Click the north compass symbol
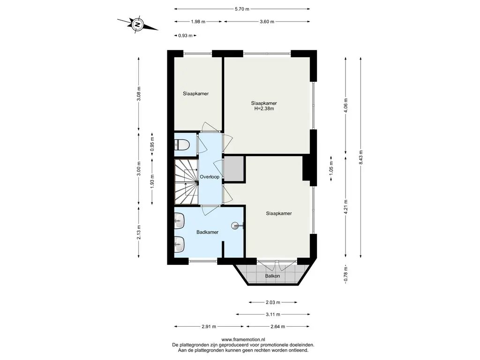[x=138, y=24]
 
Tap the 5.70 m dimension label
[x=242, y=9]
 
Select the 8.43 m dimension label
[x=361, y=157]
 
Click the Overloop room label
[x=210, y=177]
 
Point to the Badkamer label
[x=207, y=232]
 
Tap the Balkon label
[x=272, y=276]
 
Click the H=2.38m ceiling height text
[x=264, y=108]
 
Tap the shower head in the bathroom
[x=236, y=226]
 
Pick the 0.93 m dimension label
[x=185, y=36]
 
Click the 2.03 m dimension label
[x=273, y=302]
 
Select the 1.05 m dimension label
[x=331, y=168]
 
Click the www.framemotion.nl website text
[x=243, y=339]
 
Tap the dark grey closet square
[x=234, y=169]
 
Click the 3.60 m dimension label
[x=267, y=22]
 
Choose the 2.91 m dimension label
[x=209, y=326]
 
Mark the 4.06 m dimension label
[x=346, y=105]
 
